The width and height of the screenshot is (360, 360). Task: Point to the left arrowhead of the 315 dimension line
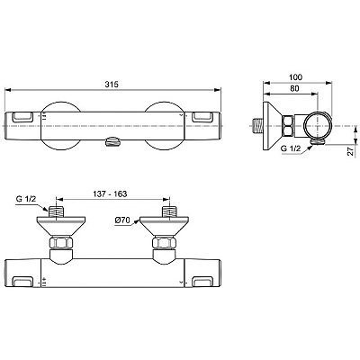click(7, 90)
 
